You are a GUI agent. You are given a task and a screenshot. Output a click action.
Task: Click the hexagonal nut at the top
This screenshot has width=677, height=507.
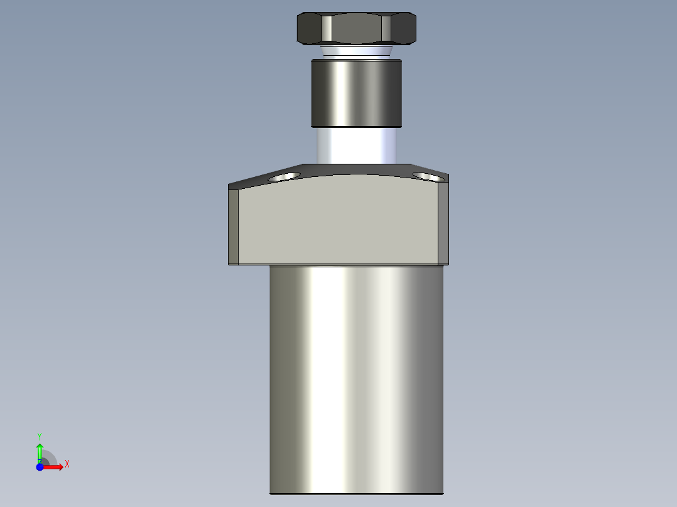(357, 28)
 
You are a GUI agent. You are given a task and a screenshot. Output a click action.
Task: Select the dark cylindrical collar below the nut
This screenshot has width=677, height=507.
(357, 93)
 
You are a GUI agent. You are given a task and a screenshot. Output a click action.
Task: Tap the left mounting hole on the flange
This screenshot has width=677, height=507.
(284, 176)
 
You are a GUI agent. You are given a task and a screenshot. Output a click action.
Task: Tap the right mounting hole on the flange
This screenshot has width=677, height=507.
(428, 176)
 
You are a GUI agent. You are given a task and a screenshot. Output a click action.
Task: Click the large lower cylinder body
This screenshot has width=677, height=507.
(357, 380)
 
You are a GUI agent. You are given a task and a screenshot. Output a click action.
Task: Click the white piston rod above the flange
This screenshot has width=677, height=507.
(357, 146)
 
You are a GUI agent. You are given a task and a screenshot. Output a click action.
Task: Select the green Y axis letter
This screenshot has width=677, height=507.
(40, 437)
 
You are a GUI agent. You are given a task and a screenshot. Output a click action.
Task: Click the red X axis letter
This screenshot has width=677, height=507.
(67, 464)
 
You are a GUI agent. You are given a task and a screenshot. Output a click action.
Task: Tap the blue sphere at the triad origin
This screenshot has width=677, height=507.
(40, 467)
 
